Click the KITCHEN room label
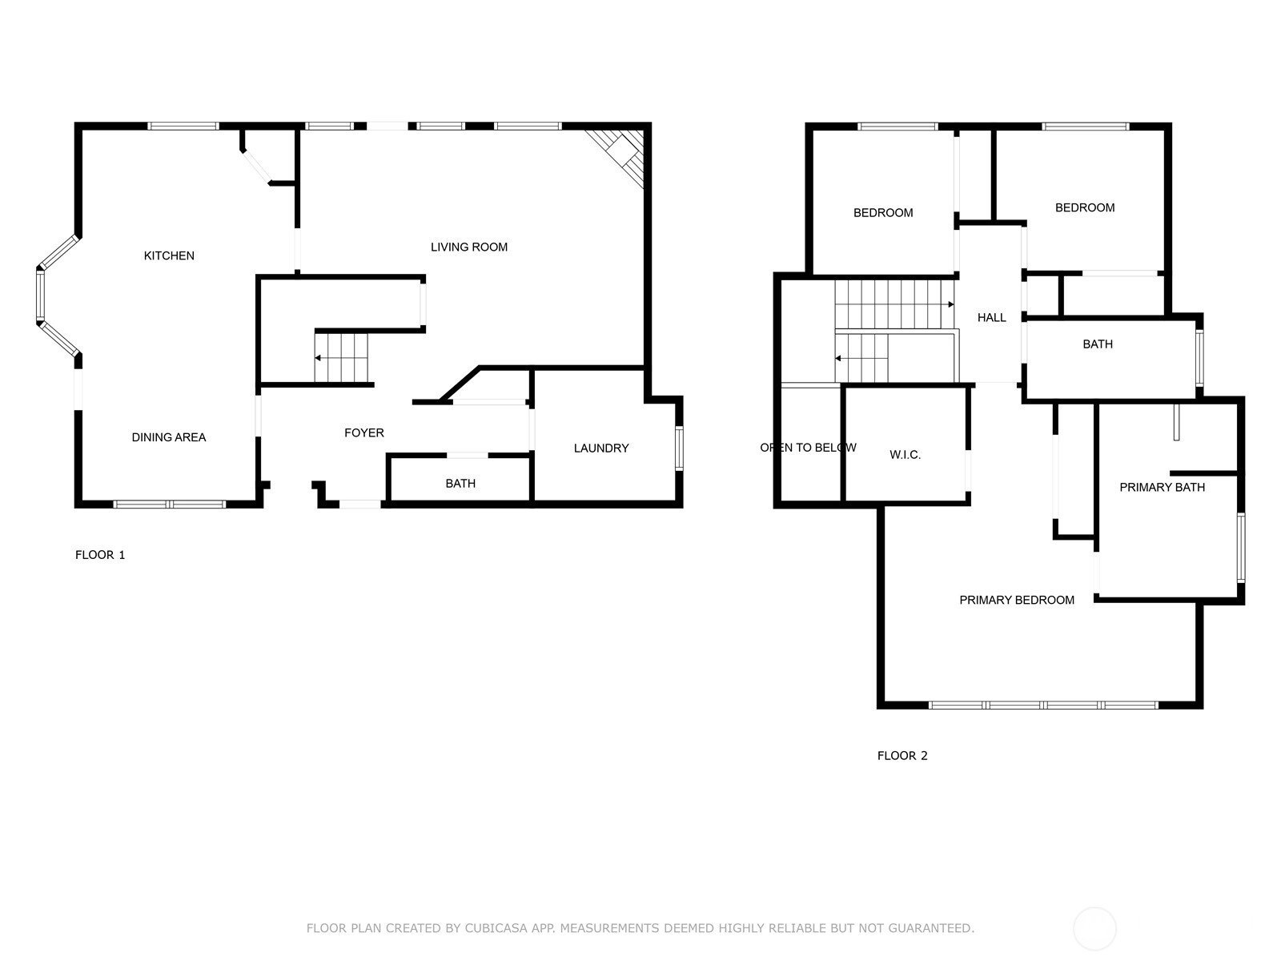pyautogui.click(x=169, y=255)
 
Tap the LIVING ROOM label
pyautogui.click(x=468, y=247)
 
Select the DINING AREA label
pyautogui.click(x=169, y=437)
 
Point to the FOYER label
pyautogui.click(x=363, y=432)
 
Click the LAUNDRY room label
pyautogui.click(x=600, y=448)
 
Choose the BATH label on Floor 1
pyautogui.click(x=460, y=483)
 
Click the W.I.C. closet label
pyautogui.click(x=905, y=455)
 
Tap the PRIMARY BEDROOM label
pyautogui.click(x=1016, y=600)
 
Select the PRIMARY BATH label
pyautogui.click(x=1162, y=487)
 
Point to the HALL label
pyautogui.click(x=991, y=317)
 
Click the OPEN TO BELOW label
pyautogui.click(x=808, y=448)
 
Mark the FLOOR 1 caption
pyautogui.click(x=100, y=555)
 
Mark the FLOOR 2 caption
pyautogui.click(x=902, y=756)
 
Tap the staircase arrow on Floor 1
pyautogui.click(x=318, y=358)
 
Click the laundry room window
pyautogui.click(x=679, y=448)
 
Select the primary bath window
pyautogui.click(x=1241, y=547)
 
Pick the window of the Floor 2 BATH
pyautogui.click(x=1199, y=358)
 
